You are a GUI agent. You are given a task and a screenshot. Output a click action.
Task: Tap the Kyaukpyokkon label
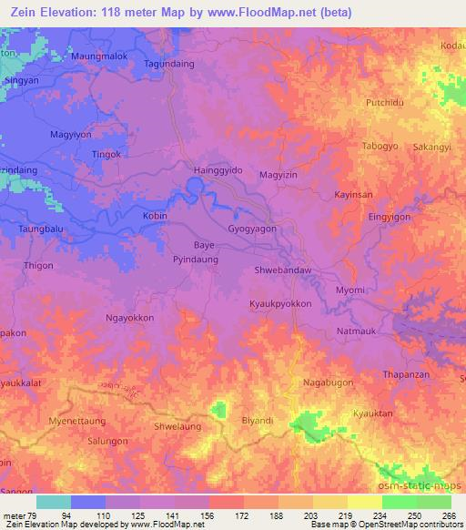click(x=280, y=304)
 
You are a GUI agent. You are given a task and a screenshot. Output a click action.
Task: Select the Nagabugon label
click(x=328, y=383)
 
